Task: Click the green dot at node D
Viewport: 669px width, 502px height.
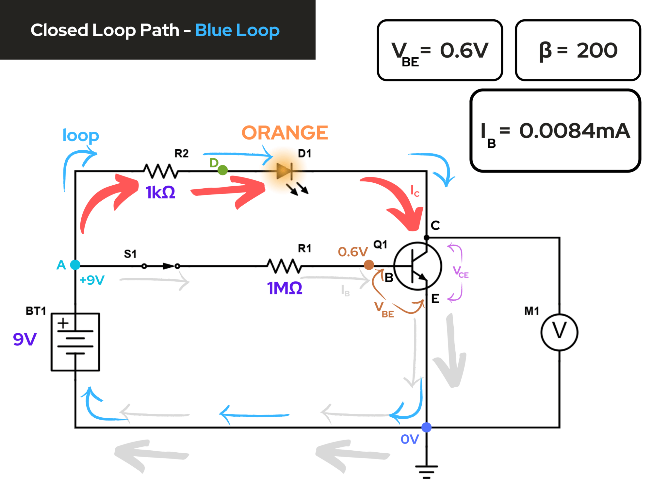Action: [222, 170]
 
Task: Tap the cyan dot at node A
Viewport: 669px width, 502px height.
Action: [75, 265]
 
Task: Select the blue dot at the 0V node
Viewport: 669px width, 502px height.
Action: [426, 427]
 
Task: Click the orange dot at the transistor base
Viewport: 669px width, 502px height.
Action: [369, 265]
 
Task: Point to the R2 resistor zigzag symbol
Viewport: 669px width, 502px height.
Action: [161, 171]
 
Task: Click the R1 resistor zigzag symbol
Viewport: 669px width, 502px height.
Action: [284, 266]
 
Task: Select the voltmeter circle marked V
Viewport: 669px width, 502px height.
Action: [559, 332]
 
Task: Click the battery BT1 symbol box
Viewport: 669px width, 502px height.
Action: [75, 342]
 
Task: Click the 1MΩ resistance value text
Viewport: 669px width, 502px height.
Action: [285, 288]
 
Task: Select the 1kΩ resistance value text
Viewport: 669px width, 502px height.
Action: [160, 192]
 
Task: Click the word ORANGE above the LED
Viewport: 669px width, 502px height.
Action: [285, 133]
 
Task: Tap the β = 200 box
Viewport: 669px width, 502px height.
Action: [578, 50]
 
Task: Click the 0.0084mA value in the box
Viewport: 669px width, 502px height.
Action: [574, 131]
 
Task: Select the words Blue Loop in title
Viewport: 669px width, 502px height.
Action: [237, 30]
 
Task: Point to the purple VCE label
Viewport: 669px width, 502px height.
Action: [461, 272]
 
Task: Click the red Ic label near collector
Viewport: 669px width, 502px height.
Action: [415, 191]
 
